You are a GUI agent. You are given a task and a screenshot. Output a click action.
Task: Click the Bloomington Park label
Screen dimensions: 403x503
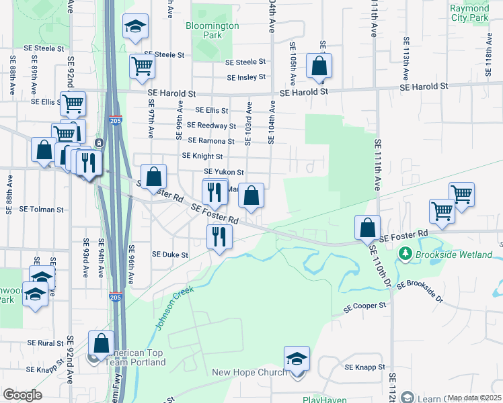[x=212, y=30]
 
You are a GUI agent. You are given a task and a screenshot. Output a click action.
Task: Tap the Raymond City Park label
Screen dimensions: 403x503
[x=469, y=13]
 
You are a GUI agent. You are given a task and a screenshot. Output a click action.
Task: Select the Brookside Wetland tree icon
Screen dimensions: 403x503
[x=405, y=253]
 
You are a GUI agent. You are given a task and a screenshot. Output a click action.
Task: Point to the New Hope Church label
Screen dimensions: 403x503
[x=249, y=373]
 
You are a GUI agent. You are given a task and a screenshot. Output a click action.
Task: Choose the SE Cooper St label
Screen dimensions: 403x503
[x=365, y=306]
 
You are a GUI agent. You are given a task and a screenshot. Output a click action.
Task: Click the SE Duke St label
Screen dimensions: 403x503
[x=170, y=255]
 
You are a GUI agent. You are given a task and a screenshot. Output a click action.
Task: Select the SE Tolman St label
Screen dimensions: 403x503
[x=41, y=209]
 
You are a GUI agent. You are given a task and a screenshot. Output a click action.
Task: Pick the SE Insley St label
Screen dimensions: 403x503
[x=246, y=77]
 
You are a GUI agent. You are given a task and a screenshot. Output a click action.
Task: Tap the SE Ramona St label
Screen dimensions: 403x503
[x=211, y=141]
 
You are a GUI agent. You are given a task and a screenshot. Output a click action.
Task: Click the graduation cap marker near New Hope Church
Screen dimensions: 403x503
[x=296, y=359]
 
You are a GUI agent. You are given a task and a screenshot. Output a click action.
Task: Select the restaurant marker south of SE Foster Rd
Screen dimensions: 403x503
[x=219, y=236]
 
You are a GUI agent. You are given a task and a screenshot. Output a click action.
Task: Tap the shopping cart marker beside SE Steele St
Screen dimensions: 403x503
[x=142, y=65]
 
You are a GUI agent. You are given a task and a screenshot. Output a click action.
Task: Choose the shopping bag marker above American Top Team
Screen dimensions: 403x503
[x=101, y=343]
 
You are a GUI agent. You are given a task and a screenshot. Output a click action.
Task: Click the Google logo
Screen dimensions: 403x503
[x=22, y=395]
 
